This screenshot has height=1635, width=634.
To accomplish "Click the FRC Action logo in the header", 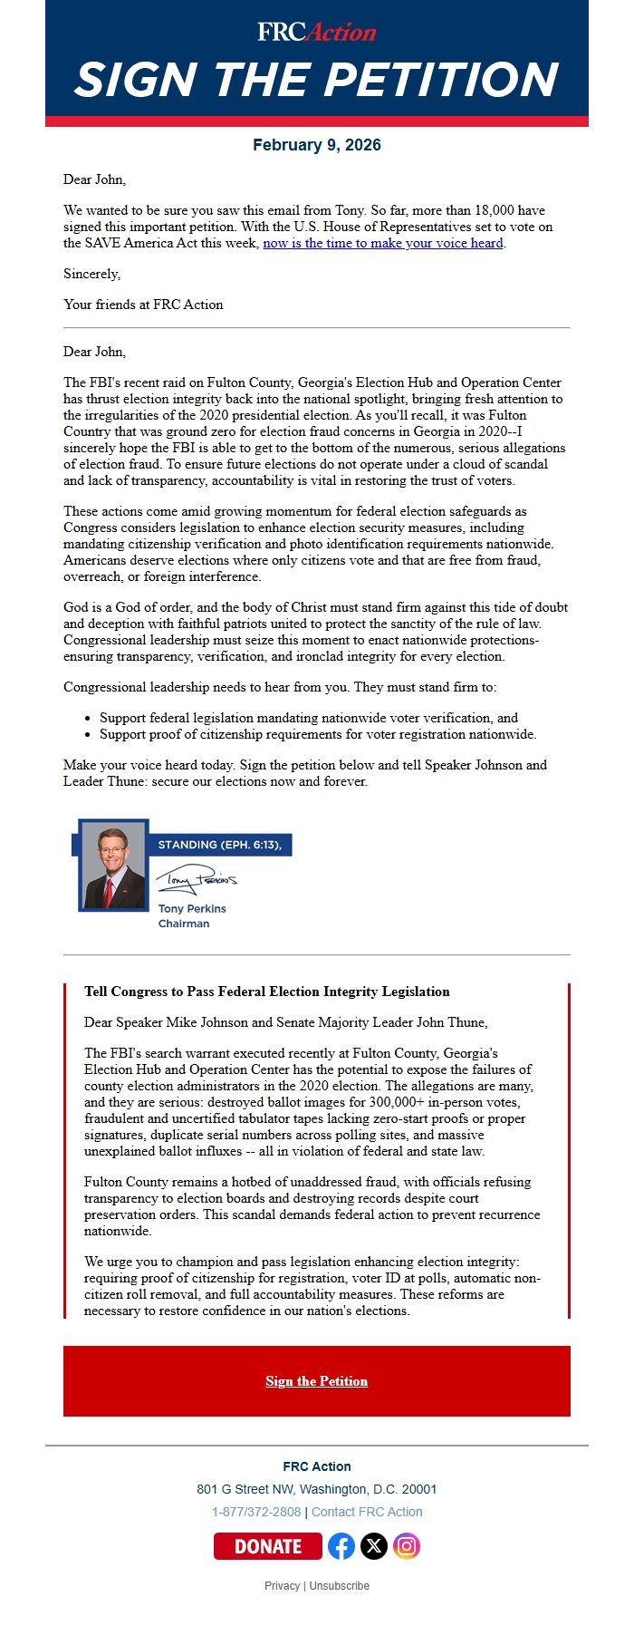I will tap(316, 33).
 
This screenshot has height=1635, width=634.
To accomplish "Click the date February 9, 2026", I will tap(316, 145).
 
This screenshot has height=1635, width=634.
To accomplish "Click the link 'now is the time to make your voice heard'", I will tap(383, 243).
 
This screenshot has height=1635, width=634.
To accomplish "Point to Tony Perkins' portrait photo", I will tap(113, 866).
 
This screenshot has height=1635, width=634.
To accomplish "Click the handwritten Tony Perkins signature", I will tap(196, 879).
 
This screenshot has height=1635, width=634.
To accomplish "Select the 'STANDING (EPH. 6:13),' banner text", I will tap(219, 845).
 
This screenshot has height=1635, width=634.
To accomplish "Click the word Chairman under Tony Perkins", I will tap(184, 924).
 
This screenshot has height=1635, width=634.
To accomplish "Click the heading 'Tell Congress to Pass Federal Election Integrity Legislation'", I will tap(267, 992).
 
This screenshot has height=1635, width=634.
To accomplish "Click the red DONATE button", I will tap(268, 1546).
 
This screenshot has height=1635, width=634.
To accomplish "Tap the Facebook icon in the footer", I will tap(341, 1546).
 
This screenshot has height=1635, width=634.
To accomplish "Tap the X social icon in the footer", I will tap(374, 1546).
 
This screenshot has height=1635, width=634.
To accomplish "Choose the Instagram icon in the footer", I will tap(407, 1546).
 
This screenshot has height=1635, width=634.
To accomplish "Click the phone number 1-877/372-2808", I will tap(256, 1512).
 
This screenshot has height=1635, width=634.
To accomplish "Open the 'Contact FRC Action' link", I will tap(367, 1512).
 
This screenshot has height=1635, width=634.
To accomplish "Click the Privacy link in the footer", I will tap(282, 1586).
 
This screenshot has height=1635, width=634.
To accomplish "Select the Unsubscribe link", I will tap(340, 1586).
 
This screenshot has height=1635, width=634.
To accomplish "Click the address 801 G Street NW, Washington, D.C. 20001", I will tap(316, 1489).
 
